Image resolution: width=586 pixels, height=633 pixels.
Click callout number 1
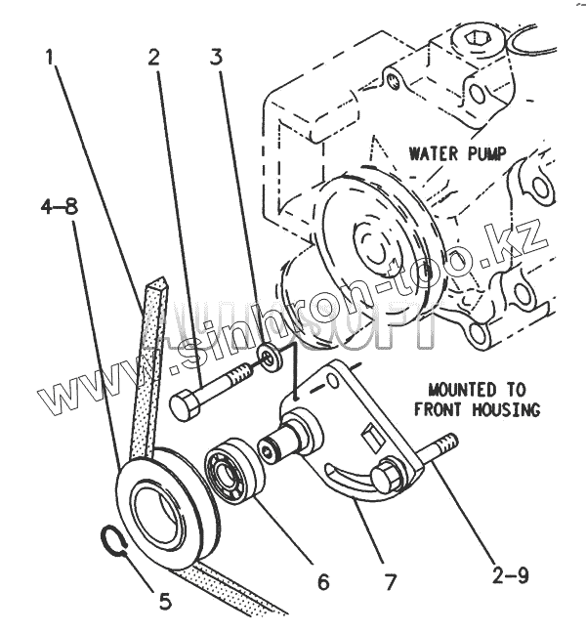tap(49, 58)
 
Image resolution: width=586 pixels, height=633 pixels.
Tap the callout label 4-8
tap(60, 207)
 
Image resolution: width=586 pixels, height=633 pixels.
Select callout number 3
tap(216, 57)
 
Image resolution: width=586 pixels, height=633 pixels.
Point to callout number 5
tap(165, 602)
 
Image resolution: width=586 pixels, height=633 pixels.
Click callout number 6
tap(323, 582)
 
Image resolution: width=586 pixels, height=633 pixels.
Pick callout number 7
tap(390, 582)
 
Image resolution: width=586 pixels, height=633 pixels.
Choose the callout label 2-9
tap(510, 574)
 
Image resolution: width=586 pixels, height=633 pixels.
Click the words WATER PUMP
tap(458, 153)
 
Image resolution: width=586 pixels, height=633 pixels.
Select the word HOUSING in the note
tap(506, 410)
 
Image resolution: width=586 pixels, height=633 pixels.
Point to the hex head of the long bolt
tap(185, 405)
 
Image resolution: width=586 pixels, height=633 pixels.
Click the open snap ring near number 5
tap(113, 540)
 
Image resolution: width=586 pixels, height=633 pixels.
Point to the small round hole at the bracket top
tap(332, 379)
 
